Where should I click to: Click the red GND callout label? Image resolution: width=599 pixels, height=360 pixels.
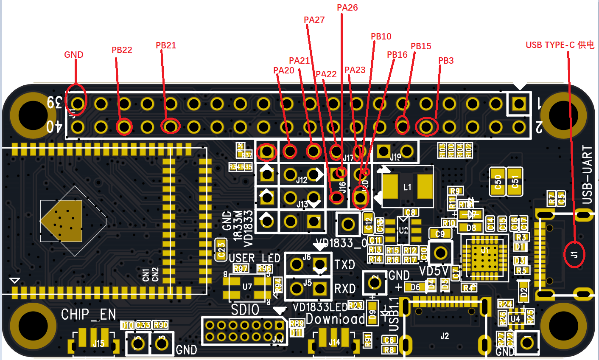(74, 54)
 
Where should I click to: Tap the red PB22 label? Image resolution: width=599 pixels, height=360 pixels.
(122, 50)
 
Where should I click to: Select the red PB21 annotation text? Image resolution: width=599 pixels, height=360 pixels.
(166, 45)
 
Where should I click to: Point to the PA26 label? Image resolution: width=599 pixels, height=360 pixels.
(347, 8)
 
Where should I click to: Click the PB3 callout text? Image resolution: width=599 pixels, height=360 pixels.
(446, 61)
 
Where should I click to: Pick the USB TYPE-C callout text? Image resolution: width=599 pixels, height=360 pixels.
(560, 45)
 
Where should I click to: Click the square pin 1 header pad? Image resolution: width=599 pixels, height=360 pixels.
(518, 103)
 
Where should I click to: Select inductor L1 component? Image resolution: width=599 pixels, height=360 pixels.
(407, 187)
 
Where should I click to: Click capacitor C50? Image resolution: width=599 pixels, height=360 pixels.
(498, 182)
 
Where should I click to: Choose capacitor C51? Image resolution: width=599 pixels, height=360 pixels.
(515, 182)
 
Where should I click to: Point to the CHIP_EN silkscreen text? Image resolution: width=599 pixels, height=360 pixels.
(88, 315)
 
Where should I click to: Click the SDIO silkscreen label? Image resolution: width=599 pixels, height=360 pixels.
(245, 310)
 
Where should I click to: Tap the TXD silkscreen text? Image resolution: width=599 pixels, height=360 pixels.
(344, 264)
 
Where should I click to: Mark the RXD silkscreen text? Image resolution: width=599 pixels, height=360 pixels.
(344, 289)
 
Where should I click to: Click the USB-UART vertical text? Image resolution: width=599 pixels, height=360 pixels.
(587, 174)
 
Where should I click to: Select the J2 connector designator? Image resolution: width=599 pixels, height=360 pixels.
(444, 336)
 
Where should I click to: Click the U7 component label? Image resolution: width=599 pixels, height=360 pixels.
(247, 287)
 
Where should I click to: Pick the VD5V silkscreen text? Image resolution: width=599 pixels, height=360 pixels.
(434, 270)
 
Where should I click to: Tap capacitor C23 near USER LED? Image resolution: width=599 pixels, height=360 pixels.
(221, 249)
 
